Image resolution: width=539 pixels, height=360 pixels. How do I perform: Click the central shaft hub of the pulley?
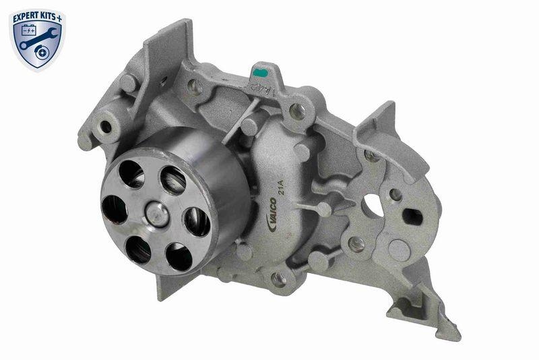[x=157, y=214]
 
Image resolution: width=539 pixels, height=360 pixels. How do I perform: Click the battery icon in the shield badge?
[x=29, y=30]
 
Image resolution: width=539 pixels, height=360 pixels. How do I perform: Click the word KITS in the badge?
[x=49, y=12]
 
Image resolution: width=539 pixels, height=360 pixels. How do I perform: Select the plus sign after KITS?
[x=62, y=12]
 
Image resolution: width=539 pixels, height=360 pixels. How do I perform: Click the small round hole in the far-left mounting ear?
[x=105, y=127]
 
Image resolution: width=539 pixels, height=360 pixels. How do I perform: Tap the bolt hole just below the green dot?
[x=296, y=109]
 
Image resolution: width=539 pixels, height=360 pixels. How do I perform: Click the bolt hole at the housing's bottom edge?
[x=278, y=277]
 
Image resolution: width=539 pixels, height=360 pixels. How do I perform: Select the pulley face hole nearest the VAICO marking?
[x=197, y=221]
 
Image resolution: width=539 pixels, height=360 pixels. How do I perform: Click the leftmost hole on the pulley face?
[x=114, y=210]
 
